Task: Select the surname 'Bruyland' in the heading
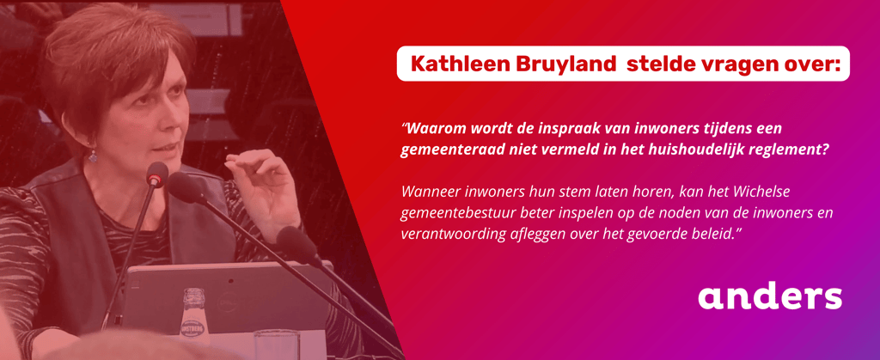pyautogui.click(x=563, y=65)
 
